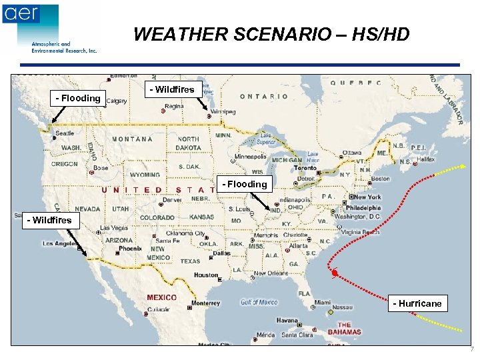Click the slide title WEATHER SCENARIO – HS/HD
(x=271, y=35)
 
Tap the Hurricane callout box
(x=417, y=303)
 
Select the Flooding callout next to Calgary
(x=78, y=98)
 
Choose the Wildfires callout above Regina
(x=171, y=89)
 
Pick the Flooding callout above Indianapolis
(x=245, y=184)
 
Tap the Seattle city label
(x=65, y=133)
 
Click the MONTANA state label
(x=132, y=139)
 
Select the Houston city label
(x=206, y=275)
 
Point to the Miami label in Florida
(x=323, y=302)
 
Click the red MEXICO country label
(x=162, y=297)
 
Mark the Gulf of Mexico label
(x=259, y=303)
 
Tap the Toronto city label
(x=305, y=169)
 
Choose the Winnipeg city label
(x=222, y=111)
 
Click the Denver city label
(x=172, y=199)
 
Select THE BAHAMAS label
(x=344, y=328)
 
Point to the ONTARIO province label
(x=264, y=97)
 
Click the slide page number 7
(x=471, y=349)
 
